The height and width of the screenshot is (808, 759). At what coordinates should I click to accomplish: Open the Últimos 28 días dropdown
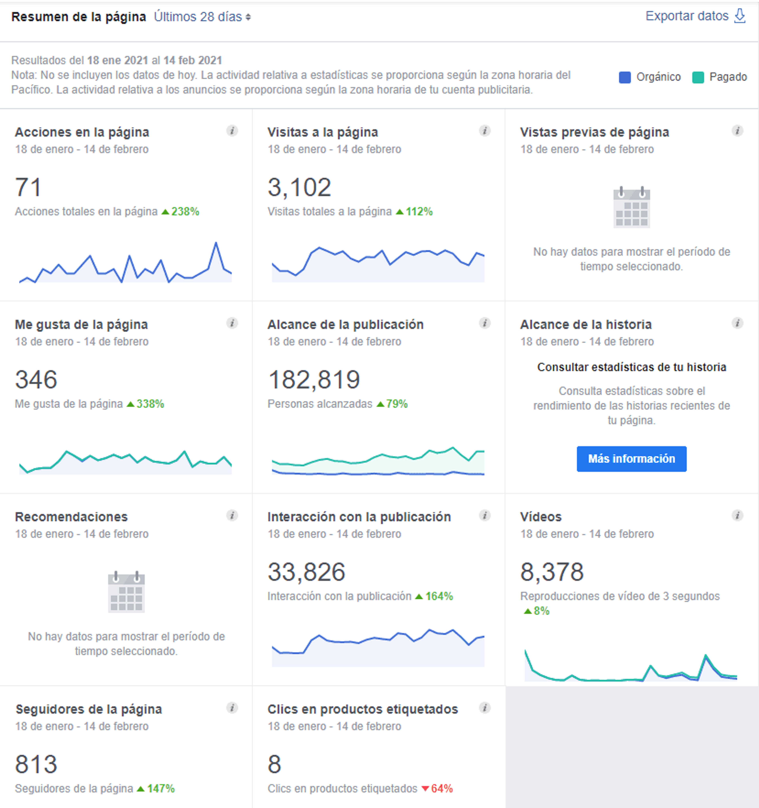(x=202, y=17)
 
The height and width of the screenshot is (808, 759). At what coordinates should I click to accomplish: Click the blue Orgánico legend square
(x=625, y=77)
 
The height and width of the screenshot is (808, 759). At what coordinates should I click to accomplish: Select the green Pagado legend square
(x=698, y=77)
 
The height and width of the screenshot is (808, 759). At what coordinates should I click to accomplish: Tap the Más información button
(x=632, y=459)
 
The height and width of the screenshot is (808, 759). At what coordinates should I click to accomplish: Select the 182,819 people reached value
(x=314, y=380)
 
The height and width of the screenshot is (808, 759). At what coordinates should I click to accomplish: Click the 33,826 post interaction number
(x=306, y=572)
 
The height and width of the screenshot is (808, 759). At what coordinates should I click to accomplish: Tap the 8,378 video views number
(x=552, y=572)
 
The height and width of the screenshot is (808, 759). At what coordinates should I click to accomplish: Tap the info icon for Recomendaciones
(x=232, y=515)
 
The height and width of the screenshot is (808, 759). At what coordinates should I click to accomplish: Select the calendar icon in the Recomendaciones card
(x=126, y=592)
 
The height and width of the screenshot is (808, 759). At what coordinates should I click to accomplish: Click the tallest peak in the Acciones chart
(x=216, y=243)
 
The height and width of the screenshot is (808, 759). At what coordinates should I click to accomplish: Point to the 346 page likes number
(x=36, y=380)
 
